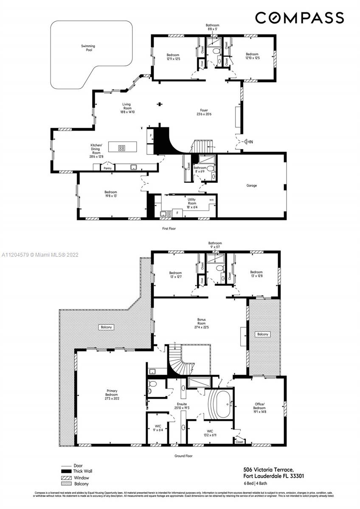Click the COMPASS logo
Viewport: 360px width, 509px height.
pyautogui.click(x=299, y=17)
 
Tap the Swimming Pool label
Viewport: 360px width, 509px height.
pyautogui.click(x=88, y=48)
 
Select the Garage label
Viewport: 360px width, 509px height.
pyautogui.click(x=251, y=185)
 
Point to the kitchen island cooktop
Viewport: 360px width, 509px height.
pyautogui.click(x=122, y=148)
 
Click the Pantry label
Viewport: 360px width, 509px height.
pyautogui.click(x=107, y=168)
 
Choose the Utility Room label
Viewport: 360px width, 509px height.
pyautogui.click(x=192, y=201)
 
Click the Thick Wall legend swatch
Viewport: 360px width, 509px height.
pyautogui.click(x=66, y=471)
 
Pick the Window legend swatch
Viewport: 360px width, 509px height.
pyautogui.click(x=66, y=478)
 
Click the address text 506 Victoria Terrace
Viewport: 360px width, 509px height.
pyautogui.click(x=268, y=470)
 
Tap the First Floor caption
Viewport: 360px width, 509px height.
pyautogui.click(x=169, y=228)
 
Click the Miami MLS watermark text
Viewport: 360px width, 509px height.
pyautogui.click(x=40, y=255)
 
